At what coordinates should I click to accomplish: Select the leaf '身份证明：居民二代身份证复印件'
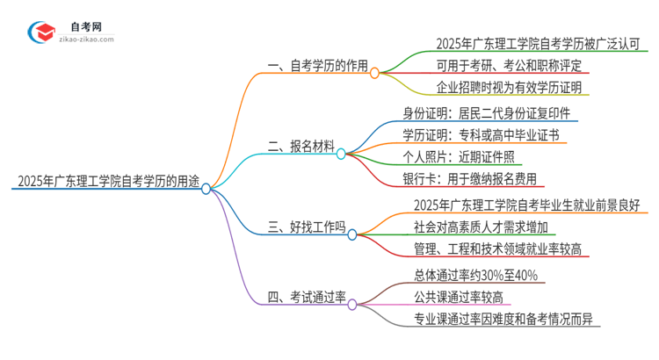pyautogui.click(x=491, y=113)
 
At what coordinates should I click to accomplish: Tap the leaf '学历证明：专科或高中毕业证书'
pyautogui.click(x=485, y=135)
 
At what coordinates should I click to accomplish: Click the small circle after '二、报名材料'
pyautogui.click(x=342, y=153)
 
